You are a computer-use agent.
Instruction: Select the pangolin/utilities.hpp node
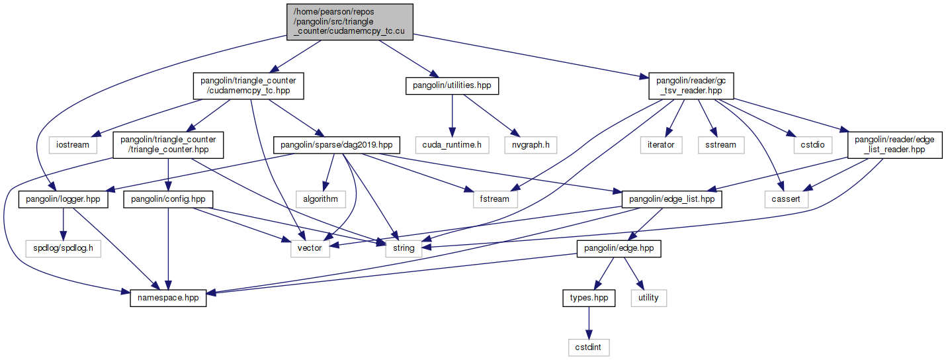tap(452, 86)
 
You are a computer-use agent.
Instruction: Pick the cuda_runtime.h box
tap(452, 144)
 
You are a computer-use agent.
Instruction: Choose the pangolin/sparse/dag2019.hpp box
tap(337, 144)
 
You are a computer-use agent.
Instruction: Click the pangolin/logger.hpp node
tap(63, 199)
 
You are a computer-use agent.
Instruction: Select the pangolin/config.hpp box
tap(168, 199)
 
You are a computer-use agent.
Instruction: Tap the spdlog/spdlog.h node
tap(63, 248)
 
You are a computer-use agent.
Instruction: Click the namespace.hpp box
tap(168, 298)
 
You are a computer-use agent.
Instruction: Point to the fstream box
tap(495, 199)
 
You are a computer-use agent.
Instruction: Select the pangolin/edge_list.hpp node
tap(671, 199)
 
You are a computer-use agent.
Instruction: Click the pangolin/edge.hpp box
tap(609, 248)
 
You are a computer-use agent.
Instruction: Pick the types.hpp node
tap(588, 298)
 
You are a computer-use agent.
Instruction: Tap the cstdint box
tap(588, 347)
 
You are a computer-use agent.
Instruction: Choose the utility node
tap(648, 298)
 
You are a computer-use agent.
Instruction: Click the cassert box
tap(786, 199)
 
